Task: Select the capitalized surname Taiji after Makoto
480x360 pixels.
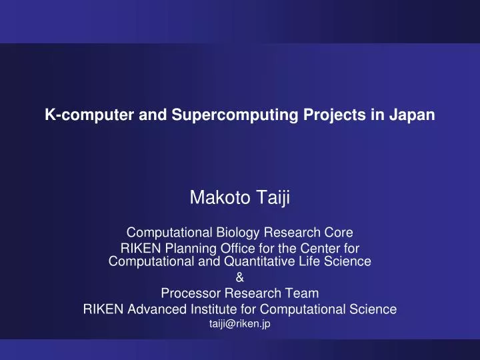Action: click(x=273, y=198)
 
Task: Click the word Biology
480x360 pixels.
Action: click(x=233, y=233)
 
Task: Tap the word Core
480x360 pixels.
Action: click(x=338, y=233)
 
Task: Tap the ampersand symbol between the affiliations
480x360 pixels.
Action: click(x=240, y=277)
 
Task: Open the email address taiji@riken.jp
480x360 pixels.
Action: click(x=240, y=323)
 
